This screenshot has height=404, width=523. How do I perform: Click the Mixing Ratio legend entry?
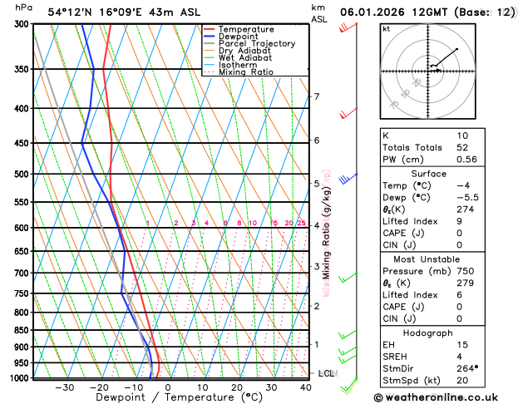(x=245, y=72)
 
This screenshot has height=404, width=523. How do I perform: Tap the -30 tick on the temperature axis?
(x=64, y=387)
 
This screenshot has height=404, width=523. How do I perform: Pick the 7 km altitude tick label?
(x=317, y=97)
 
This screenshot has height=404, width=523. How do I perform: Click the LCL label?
(x=326, y=374)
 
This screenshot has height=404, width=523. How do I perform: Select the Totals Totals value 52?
(x=462, y=147)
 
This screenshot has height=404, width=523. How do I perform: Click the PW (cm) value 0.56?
(x=466, y=160)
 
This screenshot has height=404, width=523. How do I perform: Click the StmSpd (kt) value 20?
(x=462, y=382)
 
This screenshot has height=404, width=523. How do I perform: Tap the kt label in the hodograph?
(x=386, y=28)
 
